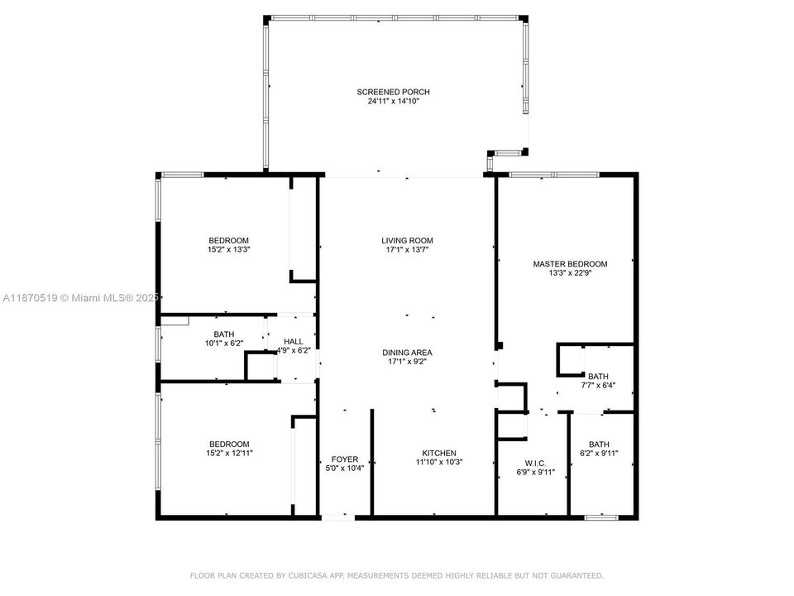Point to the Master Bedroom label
(x=570, y=264)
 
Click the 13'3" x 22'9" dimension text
(x=570, y=273)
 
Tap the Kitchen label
(x=438, y=453)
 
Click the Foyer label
(x=345, y=459)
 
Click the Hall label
(x=293, y=341)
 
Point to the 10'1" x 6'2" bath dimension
(x=223, y=344)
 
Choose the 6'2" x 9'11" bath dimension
(x=598, y=453)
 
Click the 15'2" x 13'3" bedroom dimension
(x=229, y=249)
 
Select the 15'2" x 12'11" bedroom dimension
(x=229, y=453)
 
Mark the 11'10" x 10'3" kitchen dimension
(x=438, y=462)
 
